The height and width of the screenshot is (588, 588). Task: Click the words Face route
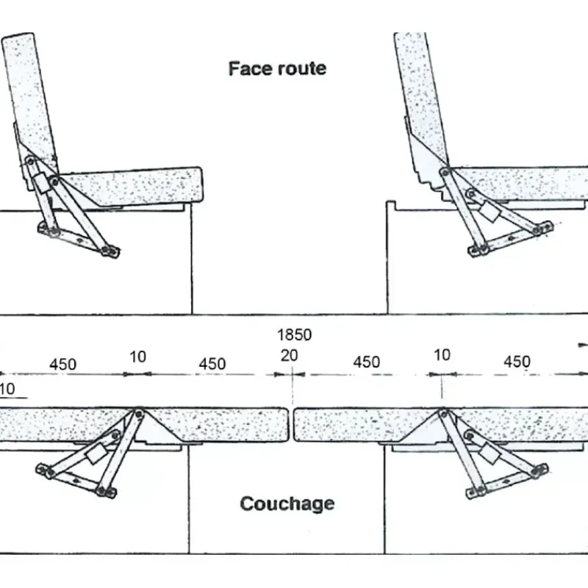277,68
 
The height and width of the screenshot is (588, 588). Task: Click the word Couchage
287,503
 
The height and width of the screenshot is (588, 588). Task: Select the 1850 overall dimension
295,334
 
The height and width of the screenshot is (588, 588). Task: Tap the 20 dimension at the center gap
289,356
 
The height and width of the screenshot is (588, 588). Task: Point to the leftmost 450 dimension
63,364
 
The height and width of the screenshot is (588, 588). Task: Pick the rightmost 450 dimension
517,362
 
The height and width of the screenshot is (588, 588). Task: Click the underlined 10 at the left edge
7,390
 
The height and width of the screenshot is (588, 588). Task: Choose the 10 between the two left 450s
137,356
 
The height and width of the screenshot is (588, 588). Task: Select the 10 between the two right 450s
442,355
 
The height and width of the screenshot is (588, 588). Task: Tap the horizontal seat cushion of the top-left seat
132,187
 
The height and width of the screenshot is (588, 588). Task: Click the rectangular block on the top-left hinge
43,182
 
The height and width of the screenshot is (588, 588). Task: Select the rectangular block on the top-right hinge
490,211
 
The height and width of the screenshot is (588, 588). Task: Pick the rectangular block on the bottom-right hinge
490,453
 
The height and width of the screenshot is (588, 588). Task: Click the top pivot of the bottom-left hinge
139,414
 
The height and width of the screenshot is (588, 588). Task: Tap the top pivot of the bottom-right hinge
444,414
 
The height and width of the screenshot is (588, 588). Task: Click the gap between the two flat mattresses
291,425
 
